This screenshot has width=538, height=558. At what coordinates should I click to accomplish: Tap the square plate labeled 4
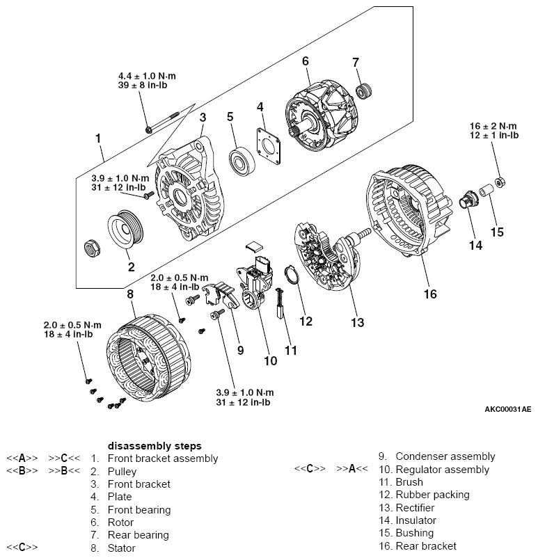pos(269,147)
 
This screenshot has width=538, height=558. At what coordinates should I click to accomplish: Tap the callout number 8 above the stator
pos(129,294)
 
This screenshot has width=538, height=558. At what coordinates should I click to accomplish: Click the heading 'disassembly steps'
pos(155,445)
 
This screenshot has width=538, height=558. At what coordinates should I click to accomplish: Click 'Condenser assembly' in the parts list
pos(445,456)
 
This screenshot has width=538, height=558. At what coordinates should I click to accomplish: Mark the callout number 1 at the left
pos(98,138)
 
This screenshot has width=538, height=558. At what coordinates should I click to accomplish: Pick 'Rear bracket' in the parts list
pos(426,545)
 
